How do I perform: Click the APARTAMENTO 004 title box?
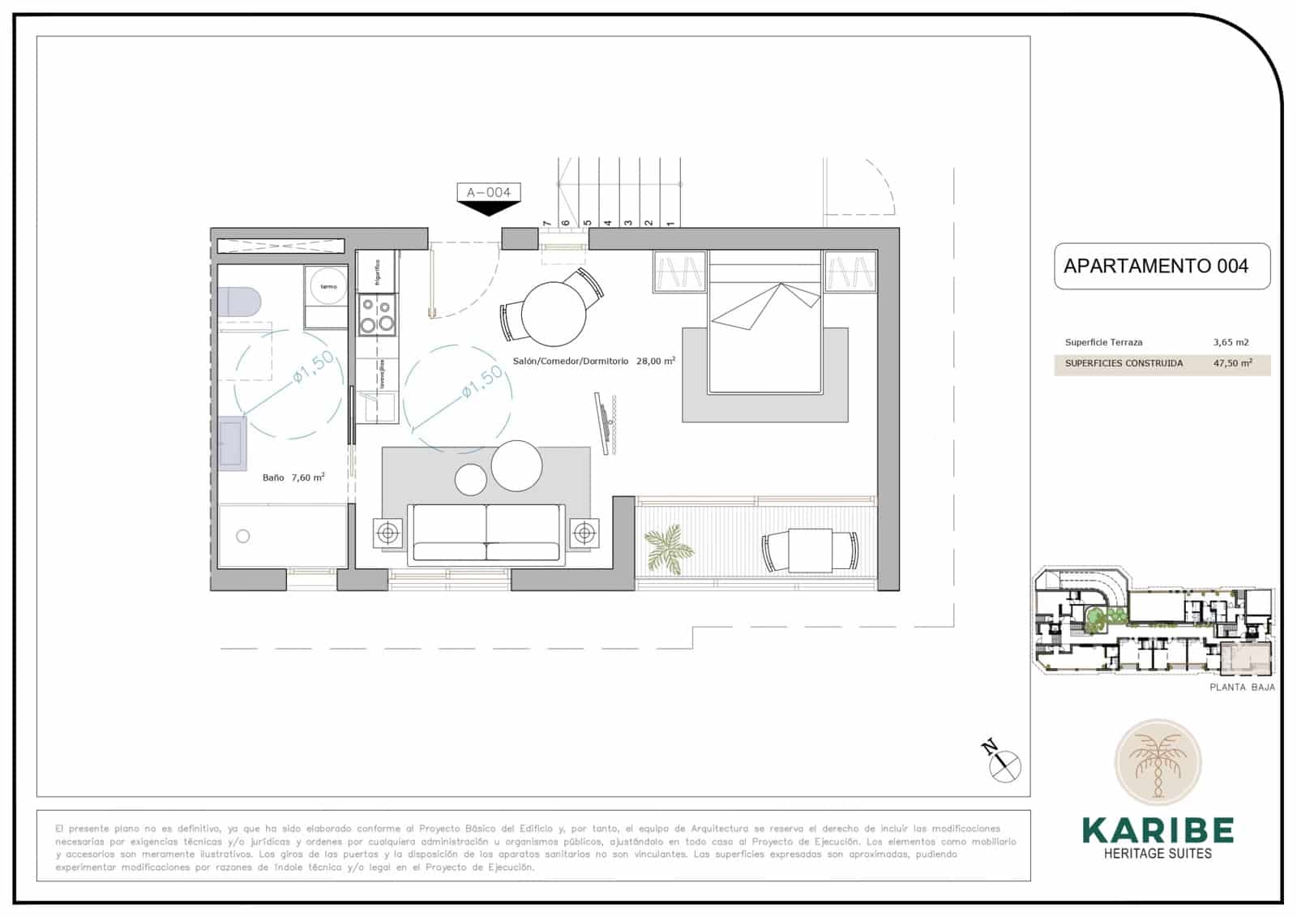tap(1161, 266)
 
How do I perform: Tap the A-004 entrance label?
tap(488, 193)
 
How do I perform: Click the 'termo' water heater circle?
tap(327, 286)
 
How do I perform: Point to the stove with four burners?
tap(377, 315)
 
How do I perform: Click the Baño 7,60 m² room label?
tap(293, 478)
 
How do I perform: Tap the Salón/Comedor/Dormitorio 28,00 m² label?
tap(593, 362)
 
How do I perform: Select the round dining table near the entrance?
tap(553, 313)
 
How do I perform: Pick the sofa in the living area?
tap(486, 532)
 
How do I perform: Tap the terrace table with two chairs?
tap(810, 551)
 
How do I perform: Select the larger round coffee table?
tap(516, 465)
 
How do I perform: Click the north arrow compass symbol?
tap(1005, 764)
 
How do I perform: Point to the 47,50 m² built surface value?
tap(1232, 363)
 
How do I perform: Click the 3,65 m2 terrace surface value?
tap(1231, 342)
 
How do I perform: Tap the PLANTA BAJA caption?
tap(1242, 687)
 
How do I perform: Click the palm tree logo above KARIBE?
tap(1158, 762)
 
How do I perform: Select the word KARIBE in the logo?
tap(1158, 830)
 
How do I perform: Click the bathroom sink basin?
tap(232, 443)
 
